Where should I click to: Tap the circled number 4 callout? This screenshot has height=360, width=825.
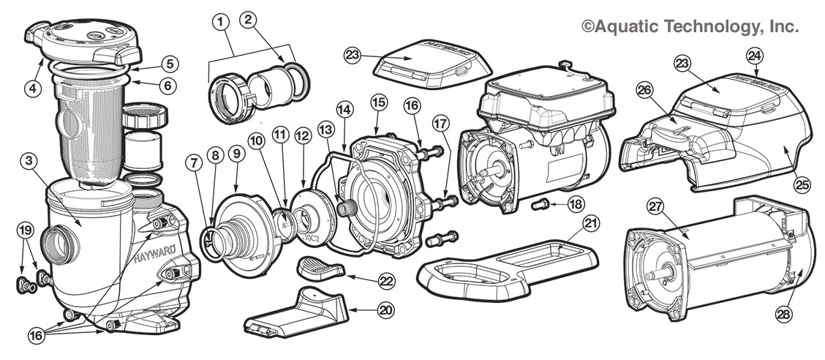pyautogui.click(x=31, y=89)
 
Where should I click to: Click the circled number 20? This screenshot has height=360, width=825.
pyautogui.click(x=385, y=310)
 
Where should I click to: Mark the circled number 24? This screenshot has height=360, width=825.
pyautogui.click(x=754, y=55)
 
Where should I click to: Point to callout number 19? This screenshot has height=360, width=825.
pyautogui.click(x=26, y=230)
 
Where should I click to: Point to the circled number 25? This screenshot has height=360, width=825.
pyautogui.click(x=802, y=186)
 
